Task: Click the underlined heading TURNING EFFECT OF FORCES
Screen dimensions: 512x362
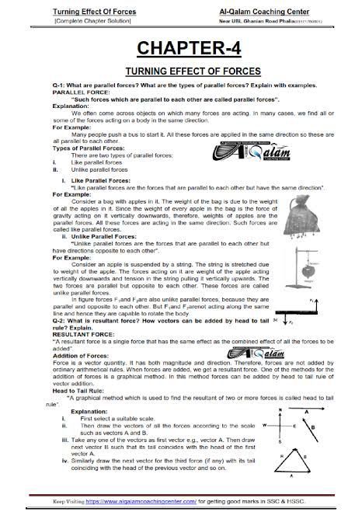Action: coord(181,71)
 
